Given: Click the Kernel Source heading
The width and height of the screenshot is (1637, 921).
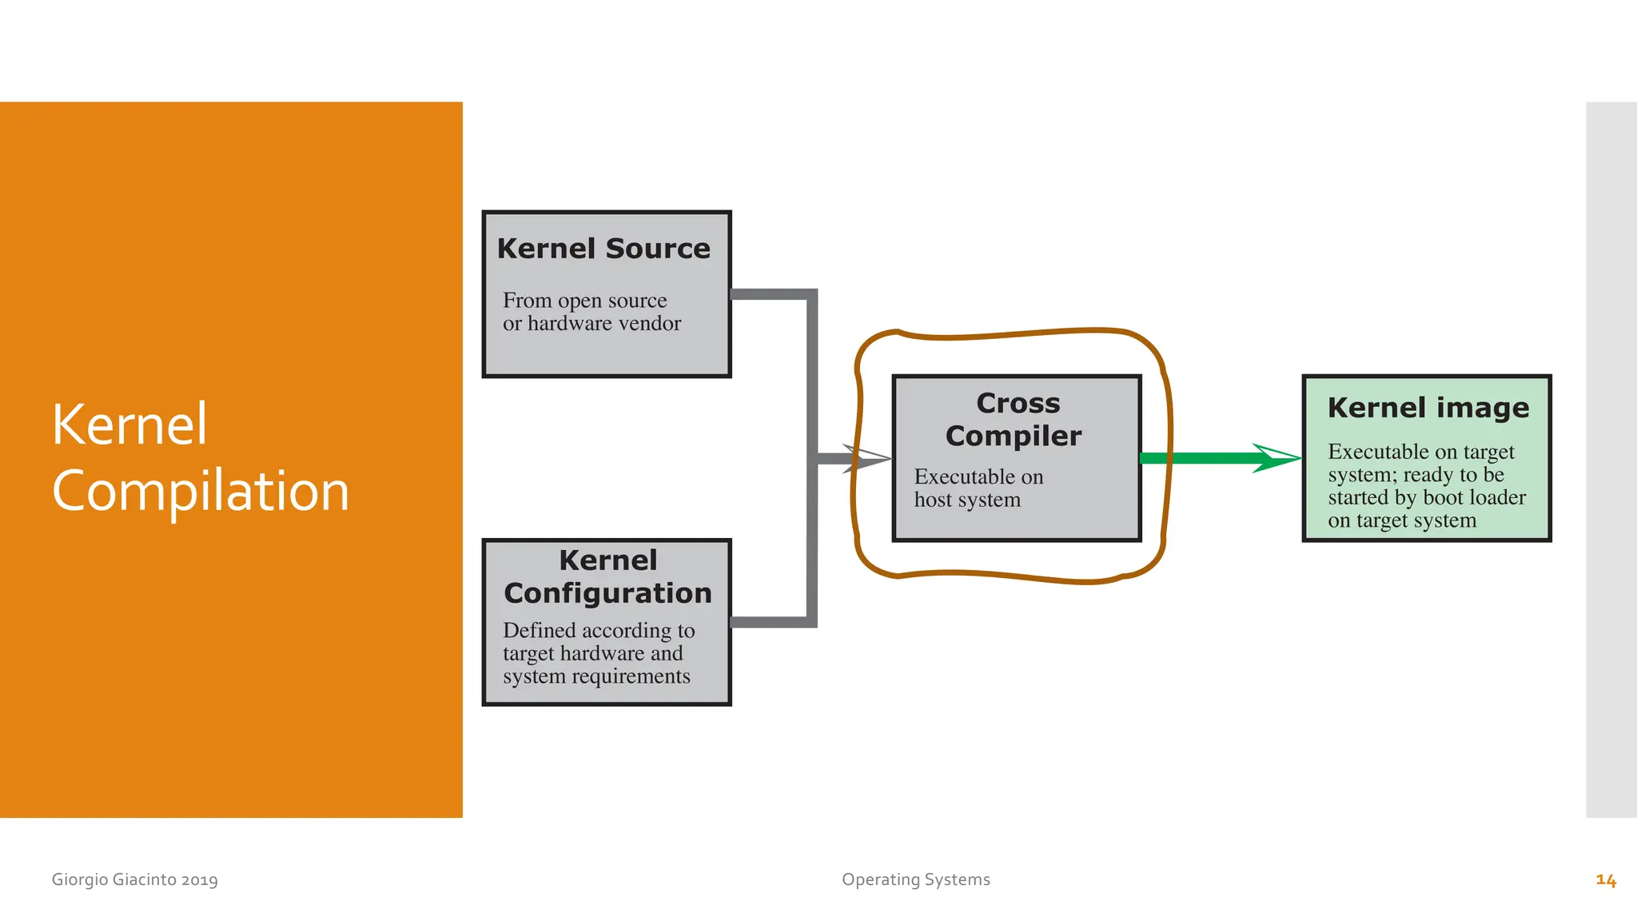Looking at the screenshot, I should [x=603, y=249].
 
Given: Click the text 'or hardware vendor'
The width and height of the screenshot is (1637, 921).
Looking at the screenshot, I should [x=591, y=324].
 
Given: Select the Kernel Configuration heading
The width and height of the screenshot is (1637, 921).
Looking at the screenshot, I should [x=607, y=576].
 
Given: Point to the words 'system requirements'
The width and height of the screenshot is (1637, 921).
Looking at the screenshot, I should [x=596, y=676].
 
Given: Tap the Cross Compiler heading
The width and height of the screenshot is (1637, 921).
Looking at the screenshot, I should [x=1015, y=420].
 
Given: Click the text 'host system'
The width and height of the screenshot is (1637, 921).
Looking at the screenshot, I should [x=967, y=500].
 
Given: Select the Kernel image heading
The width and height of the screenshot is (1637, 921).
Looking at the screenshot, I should [x=1428, y=408].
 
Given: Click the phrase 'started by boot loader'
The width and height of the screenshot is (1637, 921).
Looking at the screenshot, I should [x=1427, y=497].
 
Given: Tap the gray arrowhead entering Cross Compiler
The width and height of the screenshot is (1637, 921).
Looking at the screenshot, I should [x=866, y=459].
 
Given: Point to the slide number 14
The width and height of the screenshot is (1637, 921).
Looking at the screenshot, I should [x=1606, y=880].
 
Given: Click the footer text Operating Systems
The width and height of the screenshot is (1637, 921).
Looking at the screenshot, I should [x=915, y=879].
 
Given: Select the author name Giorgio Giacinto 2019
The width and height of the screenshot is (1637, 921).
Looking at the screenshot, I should [x=134, y=879].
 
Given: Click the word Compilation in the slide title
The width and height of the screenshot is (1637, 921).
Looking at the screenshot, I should [x=201, y=490].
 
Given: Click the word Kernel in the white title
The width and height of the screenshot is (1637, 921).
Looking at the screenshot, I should [x=129, y=424].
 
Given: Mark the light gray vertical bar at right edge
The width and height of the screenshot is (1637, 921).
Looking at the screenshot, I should [x=1611, y=460].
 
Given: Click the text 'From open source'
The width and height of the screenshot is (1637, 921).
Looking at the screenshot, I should [x=584, y=301].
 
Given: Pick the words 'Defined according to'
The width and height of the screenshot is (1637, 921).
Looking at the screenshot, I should [x=599, y=631].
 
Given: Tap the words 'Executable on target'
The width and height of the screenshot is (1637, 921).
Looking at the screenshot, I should [x=1420, y=452].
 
